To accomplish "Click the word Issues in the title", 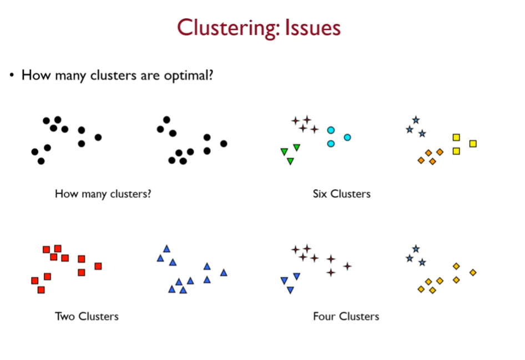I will click(312, 27).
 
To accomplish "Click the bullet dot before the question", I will click(11, 75).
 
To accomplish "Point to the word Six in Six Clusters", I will click(320, 194).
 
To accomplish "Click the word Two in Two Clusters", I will click(65, 316).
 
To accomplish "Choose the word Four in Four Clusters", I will click(324, 316).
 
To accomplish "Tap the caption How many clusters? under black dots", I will click(103, 194).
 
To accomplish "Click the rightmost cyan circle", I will click(347, 137).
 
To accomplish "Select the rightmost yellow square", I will click(473, 144).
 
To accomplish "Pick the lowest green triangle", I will click(290, 161).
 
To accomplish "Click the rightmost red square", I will click(98, 266).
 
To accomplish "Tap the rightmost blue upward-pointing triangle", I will click(224, 272).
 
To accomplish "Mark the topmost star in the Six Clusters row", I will click(416, 120).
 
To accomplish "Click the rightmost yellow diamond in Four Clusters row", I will click(473, 272).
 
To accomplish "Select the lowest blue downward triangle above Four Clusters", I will click(290, 290).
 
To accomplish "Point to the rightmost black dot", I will click(224, 144).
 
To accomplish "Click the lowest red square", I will click(41, 290).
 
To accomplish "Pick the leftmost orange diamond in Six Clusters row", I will click(421, 161).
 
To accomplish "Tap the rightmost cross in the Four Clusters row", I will click(347, 266).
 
